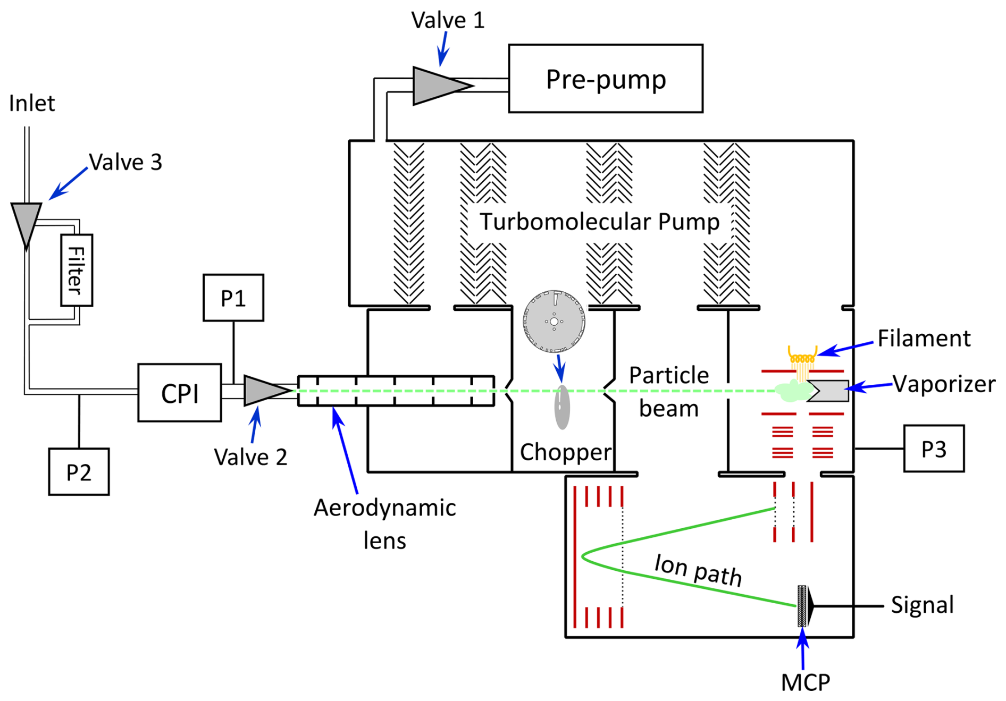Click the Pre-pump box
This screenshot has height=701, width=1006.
[x=605, y=79]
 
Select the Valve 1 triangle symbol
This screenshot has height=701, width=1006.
[x=438, y=86]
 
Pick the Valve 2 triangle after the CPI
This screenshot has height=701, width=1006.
[x=264, y=391]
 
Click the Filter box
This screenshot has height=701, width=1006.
[x=77, y=270]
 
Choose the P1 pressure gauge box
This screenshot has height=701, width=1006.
[x=233, y=298]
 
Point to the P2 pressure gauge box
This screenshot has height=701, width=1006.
[x=79, y=472]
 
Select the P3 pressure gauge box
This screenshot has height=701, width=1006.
[x=934, y=449]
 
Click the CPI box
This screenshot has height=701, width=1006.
[x=180, y=393]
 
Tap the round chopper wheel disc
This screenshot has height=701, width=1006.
[x=554, y=322]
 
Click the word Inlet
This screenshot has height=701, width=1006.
[x=32, y=103]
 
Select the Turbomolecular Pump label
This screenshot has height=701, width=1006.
[x=599, y=222]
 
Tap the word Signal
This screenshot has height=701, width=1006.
[x=922, y=605]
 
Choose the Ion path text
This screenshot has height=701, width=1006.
[x=698, y=570]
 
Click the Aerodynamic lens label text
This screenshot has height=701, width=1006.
[x=384, y=524]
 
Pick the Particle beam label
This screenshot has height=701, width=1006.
[x=668, y=392]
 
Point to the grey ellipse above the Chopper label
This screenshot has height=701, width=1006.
[x=562, y=407]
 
